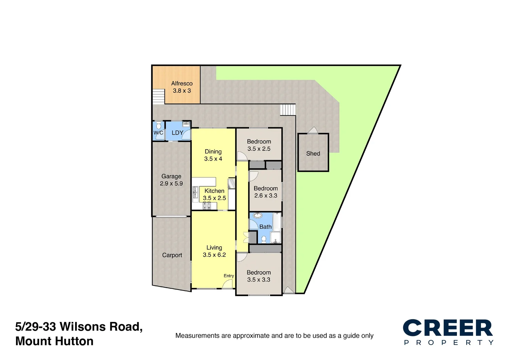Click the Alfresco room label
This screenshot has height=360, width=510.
[182, 83]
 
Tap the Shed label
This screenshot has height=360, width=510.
[313, 154]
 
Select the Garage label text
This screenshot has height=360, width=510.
[171, 176]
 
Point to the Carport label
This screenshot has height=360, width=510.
[172, 255]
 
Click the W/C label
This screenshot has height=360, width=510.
[158, 133]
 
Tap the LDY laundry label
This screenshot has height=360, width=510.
[177, 133]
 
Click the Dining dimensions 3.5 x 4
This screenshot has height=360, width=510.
[213, 159]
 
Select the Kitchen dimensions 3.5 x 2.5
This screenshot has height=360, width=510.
[214, 198]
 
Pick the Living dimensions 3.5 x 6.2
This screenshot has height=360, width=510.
[214, 255]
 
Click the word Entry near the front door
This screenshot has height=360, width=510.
[228, 276]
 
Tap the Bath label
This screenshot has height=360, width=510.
[265, 227]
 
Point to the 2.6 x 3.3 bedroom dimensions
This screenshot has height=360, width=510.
[266, 196]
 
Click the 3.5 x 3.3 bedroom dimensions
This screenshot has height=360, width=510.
[259, 280]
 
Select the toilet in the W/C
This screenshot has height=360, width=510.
[159, 126]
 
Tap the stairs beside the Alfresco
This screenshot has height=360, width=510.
[159, 97]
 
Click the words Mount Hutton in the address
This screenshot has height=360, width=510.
[54, 341]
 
